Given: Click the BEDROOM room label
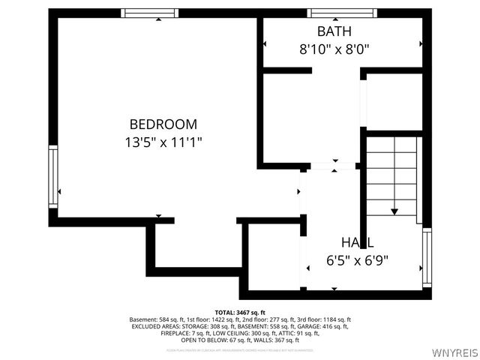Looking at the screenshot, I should point(163,124).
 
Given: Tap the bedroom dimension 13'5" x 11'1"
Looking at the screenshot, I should point(163,141).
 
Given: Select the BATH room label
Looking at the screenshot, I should point(334,31).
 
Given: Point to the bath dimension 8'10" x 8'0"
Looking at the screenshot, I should point(334,49).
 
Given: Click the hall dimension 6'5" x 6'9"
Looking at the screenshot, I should point(357,261).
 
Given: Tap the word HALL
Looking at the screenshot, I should point(357,243).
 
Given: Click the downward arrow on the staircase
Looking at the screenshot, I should point(395,211).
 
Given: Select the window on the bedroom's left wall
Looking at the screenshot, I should point(52,175).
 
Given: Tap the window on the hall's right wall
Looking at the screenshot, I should point(427,258).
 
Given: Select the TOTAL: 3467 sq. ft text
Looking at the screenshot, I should point(240,312).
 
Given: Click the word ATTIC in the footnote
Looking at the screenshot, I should point(287,333).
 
